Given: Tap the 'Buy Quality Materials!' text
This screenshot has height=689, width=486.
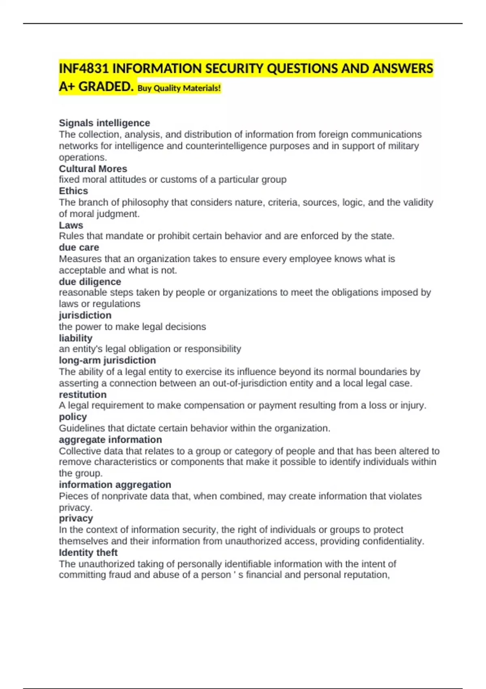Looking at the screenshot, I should (179, 88).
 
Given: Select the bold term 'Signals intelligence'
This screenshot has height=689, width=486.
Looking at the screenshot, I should (104, 123).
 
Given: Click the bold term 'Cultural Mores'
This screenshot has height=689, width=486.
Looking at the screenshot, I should (93, 169).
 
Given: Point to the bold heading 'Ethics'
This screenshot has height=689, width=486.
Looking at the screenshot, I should (73, 191).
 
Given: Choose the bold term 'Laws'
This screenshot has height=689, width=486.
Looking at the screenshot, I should (71, 225).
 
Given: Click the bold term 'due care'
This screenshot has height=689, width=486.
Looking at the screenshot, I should (79, 247).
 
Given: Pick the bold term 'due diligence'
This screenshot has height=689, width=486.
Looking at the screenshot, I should (90, 282).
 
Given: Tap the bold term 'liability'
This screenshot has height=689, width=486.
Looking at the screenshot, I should (76, 338).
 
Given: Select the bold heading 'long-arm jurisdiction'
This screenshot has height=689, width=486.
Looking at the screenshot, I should (107, 360).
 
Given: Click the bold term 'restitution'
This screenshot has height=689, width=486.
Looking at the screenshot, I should (83, 394).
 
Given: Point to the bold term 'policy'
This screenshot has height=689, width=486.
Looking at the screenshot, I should (73, 417).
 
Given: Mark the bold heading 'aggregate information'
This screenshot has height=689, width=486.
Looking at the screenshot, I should (110, 440).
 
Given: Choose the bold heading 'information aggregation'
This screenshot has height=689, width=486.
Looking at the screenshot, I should (115, 485).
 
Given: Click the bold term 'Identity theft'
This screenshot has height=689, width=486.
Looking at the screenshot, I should (88, 552).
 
